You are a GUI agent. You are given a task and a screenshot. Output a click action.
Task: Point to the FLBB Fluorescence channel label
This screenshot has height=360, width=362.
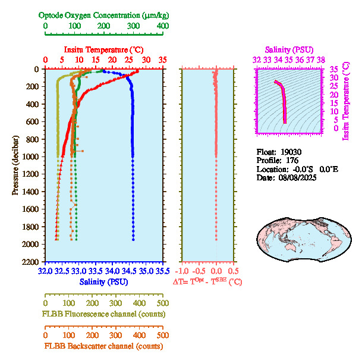click(103, 314)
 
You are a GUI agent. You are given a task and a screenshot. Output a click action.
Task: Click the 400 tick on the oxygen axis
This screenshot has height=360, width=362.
click(162, 26)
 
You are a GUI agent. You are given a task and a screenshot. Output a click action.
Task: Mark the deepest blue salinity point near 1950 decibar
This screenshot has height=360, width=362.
click(133, 240)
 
